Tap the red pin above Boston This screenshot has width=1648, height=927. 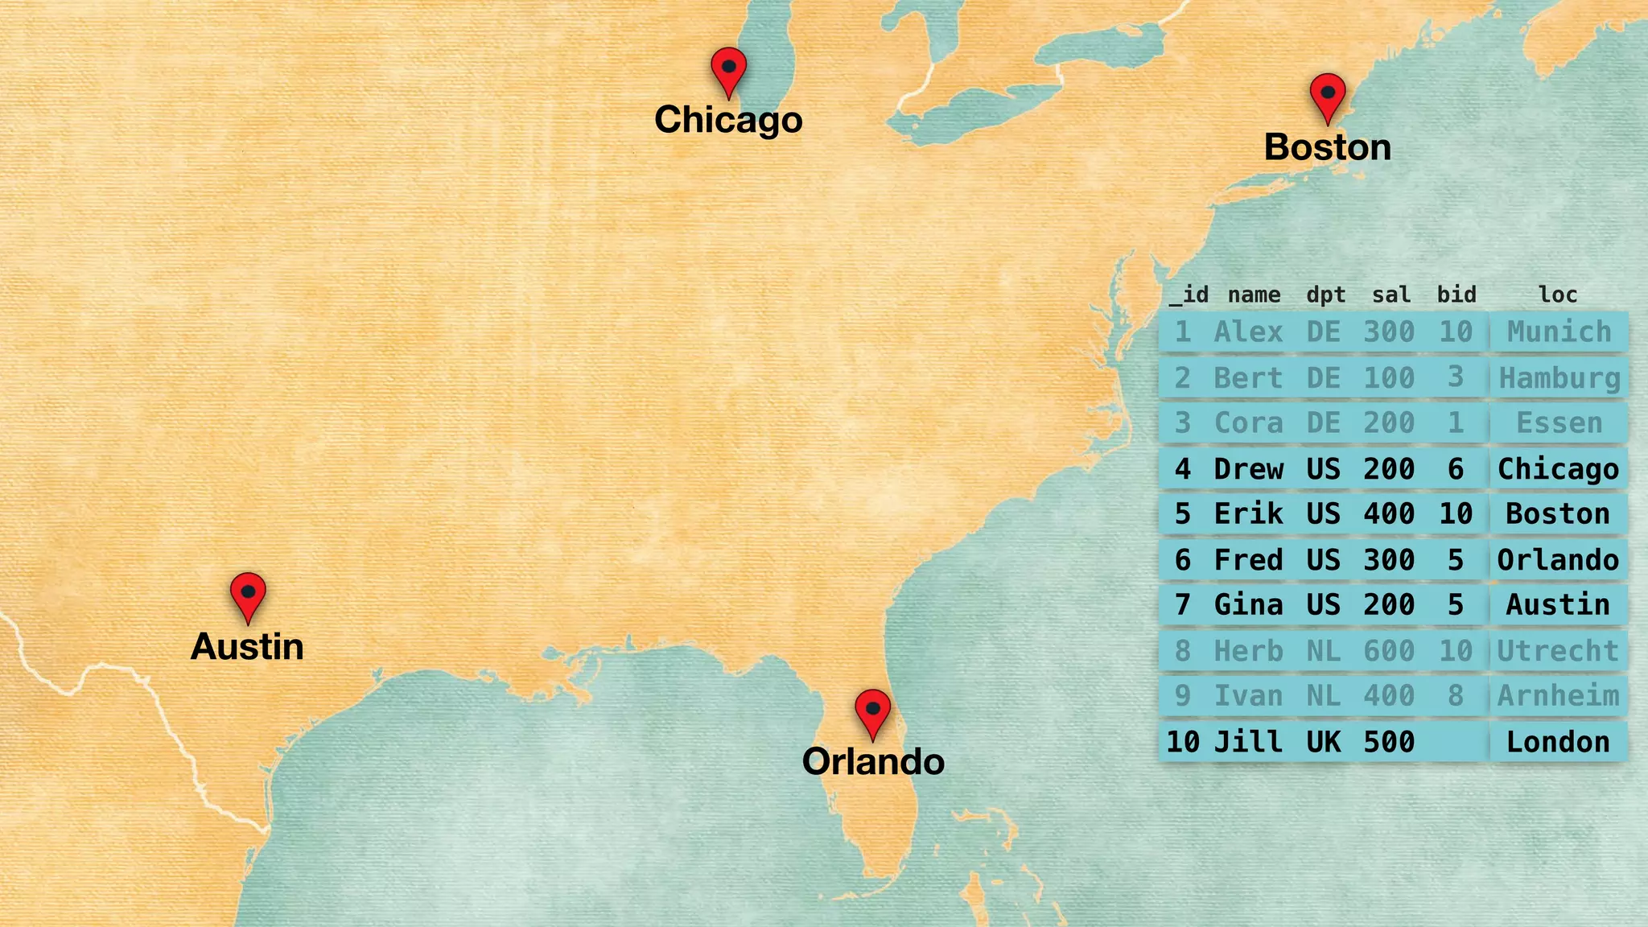1328,96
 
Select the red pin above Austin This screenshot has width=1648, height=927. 248,595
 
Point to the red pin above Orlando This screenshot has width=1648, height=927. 872,711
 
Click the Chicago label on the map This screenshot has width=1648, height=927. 728,120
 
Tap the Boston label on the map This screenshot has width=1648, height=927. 1327,147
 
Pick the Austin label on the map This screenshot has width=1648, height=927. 247,647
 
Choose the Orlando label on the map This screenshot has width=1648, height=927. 873,762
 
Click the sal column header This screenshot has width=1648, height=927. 1390,295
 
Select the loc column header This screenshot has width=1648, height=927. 1558,295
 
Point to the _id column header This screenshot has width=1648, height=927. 1189,295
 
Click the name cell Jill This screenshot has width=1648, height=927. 1248,742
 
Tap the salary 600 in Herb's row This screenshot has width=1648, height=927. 1389,651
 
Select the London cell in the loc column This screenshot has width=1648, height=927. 1558,742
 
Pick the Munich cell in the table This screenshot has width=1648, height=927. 1559,332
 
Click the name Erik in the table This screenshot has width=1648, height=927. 1248,513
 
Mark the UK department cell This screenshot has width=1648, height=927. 1323,742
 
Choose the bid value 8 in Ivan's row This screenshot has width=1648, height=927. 1456,696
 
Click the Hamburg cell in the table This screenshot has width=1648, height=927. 1559,378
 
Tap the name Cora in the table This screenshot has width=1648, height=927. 1248,423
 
